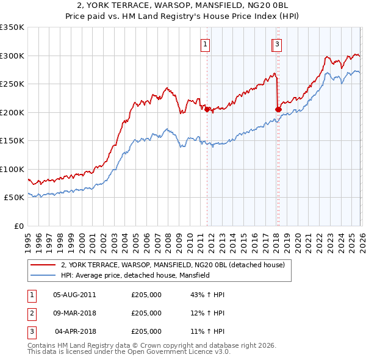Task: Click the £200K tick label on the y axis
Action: [x=12, y=112]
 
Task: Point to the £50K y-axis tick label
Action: [x=14, y=198]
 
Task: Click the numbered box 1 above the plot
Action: [x=206, y=44]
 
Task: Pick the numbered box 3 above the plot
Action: [x=277, y=44]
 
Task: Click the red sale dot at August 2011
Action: [x=207, y=109]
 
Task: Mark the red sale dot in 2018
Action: [x=278, y=109]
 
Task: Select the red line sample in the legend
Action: [x=43, y=265]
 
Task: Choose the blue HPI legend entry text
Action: [x=135, y=276]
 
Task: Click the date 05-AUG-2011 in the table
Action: [x=74, y=295]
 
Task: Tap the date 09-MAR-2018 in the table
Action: [x=74, y=313]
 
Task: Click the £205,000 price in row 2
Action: [x=146, y=313]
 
